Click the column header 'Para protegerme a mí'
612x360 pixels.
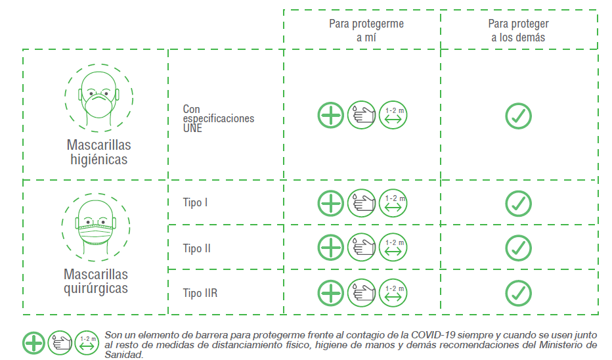(366, 30)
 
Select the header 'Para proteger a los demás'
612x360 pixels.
(518, 30)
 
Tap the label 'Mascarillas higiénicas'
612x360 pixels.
(98, 152)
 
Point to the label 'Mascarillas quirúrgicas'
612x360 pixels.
(96, 281)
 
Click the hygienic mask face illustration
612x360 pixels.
(98, 98)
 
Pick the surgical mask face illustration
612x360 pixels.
(96, 227)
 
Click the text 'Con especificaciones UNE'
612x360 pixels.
(218, 119)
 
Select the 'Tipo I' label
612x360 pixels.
(195, 202)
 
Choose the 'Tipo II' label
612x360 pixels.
(197, 248)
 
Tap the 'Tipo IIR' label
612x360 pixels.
(200, 293)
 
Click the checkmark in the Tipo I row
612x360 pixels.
(518, 204)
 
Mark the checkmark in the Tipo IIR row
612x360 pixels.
(518, 293)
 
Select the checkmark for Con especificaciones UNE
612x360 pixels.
(518, 116)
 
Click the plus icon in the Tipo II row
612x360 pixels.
(330, 248)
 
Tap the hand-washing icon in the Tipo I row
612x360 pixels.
(361, 203)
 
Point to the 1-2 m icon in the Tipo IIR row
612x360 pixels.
(393, 293)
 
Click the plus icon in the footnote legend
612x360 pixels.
(33, 343)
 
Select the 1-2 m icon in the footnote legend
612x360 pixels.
(87, 343)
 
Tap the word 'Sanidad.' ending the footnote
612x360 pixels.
(124, 355)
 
